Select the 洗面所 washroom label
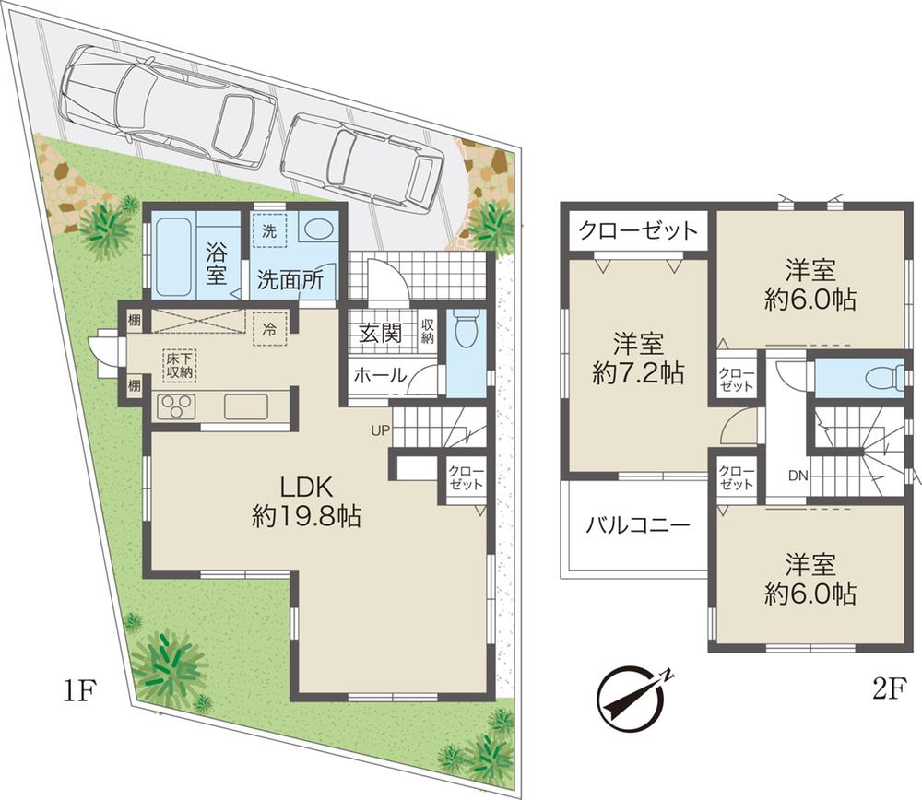(290, 280)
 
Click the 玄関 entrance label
(380, 333)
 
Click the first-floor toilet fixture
(467, 329)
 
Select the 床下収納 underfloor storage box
(179, 365)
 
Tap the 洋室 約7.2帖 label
(638, 359)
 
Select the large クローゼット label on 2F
(638, 229)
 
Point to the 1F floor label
(77, 689)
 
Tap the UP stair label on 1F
(380, 429)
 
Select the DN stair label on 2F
(798, 476)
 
